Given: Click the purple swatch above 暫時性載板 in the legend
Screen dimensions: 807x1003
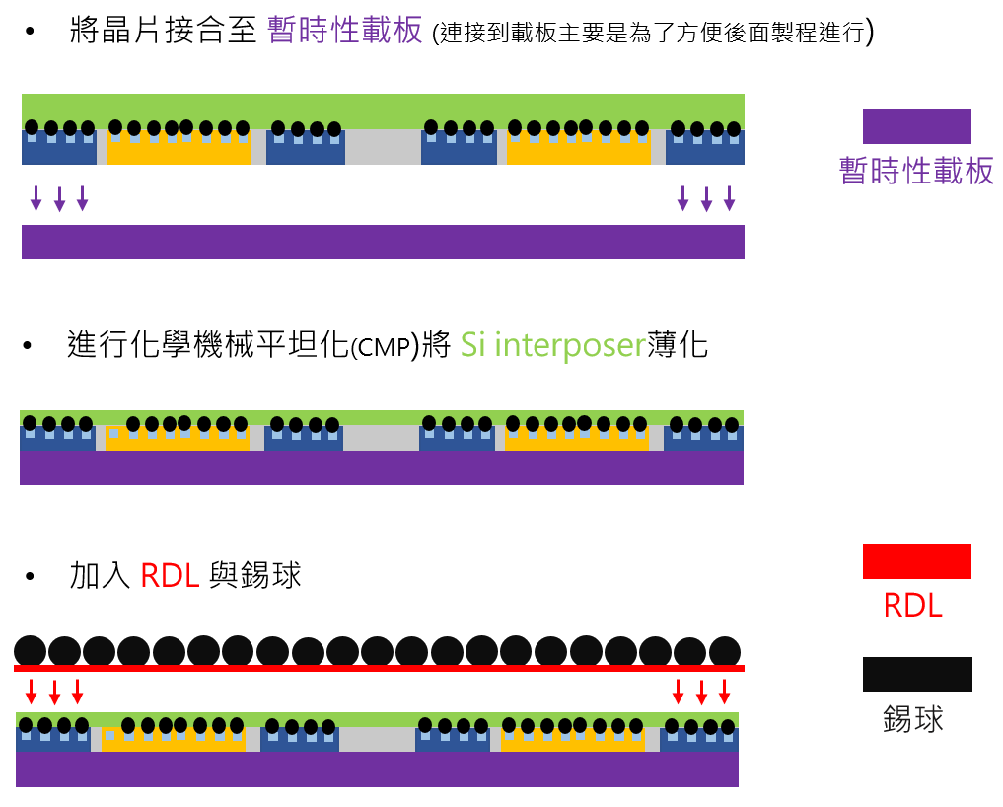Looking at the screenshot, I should [x=916, y=126].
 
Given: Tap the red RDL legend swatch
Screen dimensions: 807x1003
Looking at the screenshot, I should [x=916, y=560].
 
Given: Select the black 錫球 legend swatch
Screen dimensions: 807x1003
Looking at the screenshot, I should [x=916, y=674].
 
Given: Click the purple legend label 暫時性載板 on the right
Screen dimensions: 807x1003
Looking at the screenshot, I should [x=916, y=171].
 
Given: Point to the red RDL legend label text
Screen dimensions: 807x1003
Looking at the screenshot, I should [x=912, y=605].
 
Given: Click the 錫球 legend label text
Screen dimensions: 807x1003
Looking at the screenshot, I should [x=913, y=718].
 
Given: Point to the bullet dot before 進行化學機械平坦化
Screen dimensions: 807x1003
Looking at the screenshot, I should [x=29, y=347].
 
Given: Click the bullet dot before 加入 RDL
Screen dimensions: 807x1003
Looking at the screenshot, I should [x=29, y=575].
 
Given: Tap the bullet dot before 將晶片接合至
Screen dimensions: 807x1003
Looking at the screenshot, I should [x=29, y=34].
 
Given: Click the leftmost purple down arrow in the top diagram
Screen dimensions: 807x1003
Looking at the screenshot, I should [x=36, y=198].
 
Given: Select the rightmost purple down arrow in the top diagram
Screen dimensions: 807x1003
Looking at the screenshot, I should [x=729, y=198].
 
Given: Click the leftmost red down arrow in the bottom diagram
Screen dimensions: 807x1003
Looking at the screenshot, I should [x=32, y=691].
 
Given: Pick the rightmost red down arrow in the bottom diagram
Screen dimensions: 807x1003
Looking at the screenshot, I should [x=724, y=691].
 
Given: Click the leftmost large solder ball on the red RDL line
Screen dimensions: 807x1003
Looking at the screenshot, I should [x=30, y=651].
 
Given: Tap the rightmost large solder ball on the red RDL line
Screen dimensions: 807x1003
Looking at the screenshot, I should [x=724, y=651].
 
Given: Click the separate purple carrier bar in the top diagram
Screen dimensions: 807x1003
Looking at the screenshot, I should [x=383, y=242].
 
